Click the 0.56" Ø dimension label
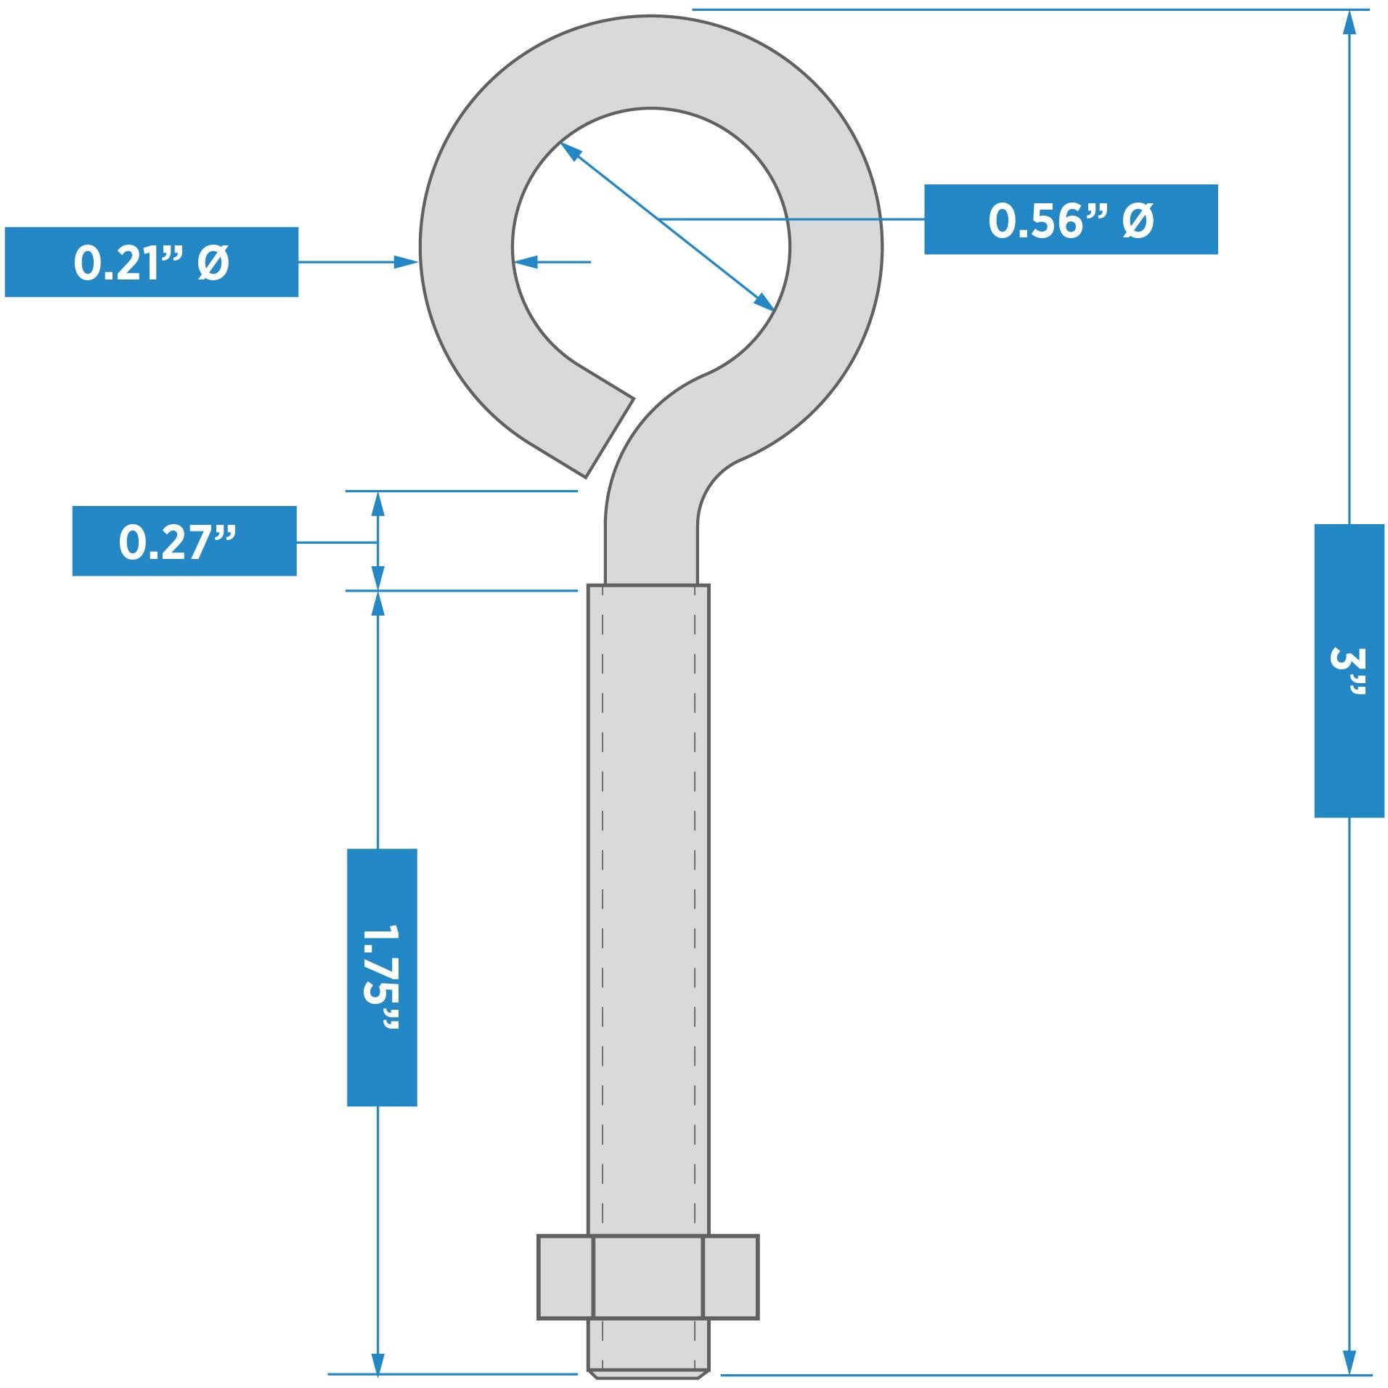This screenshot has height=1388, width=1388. click(x=1069, y=219)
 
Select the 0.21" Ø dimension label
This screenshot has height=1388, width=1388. click(x=151, y=262)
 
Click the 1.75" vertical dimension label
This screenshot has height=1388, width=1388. click(x=382, y=977)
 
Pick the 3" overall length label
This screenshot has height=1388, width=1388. click(x=1348, y=670)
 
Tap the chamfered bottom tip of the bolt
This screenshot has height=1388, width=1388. click(x=648, y=1374)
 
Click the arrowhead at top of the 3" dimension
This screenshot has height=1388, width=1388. click(x=1349, y=22)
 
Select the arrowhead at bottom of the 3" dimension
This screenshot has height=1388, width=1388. click(x=1349, y=1361)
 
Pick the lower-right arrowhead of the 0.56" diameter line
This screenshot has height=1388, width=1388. click(x=764, y=302)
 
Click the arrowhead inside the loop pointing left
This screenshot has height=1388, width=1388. click(x=526, y=261)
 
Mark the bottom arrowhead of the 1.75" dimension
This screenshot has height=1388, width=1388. click(x=377, y=1362)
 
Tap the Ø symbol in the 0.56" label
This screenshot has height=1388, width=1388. click(x=1138, y=220)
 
